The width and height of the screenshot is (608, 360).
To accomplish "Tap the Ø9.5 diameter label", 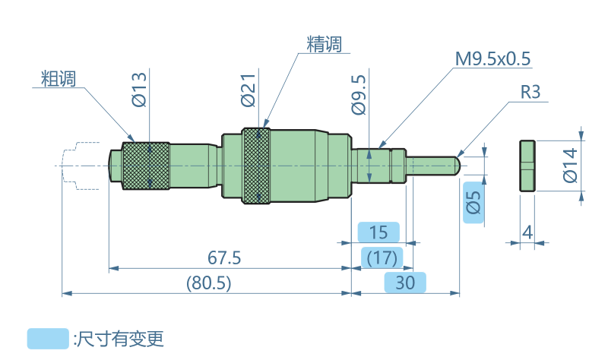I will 359,94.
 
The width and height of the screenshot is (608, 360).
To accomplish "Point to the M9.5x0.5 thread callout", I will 492,58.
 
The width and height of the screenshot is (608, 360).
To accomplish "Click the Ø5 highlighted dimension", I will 473,203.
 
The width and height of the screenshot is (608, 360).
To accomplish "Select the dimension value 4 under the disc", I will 527,232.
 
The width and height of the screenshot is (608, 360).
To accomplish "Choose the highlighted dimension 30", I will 405,283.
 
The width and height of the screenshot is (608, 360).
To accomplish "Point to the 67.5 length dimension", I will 224,257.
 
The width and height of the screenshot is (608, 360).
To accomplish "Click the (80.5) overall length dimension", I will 208,283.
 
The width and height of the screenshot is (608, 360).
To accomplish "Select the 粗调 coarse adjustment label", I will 58,77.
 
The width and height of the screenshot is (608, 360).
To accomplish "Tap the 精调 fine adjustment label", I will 324,44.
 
